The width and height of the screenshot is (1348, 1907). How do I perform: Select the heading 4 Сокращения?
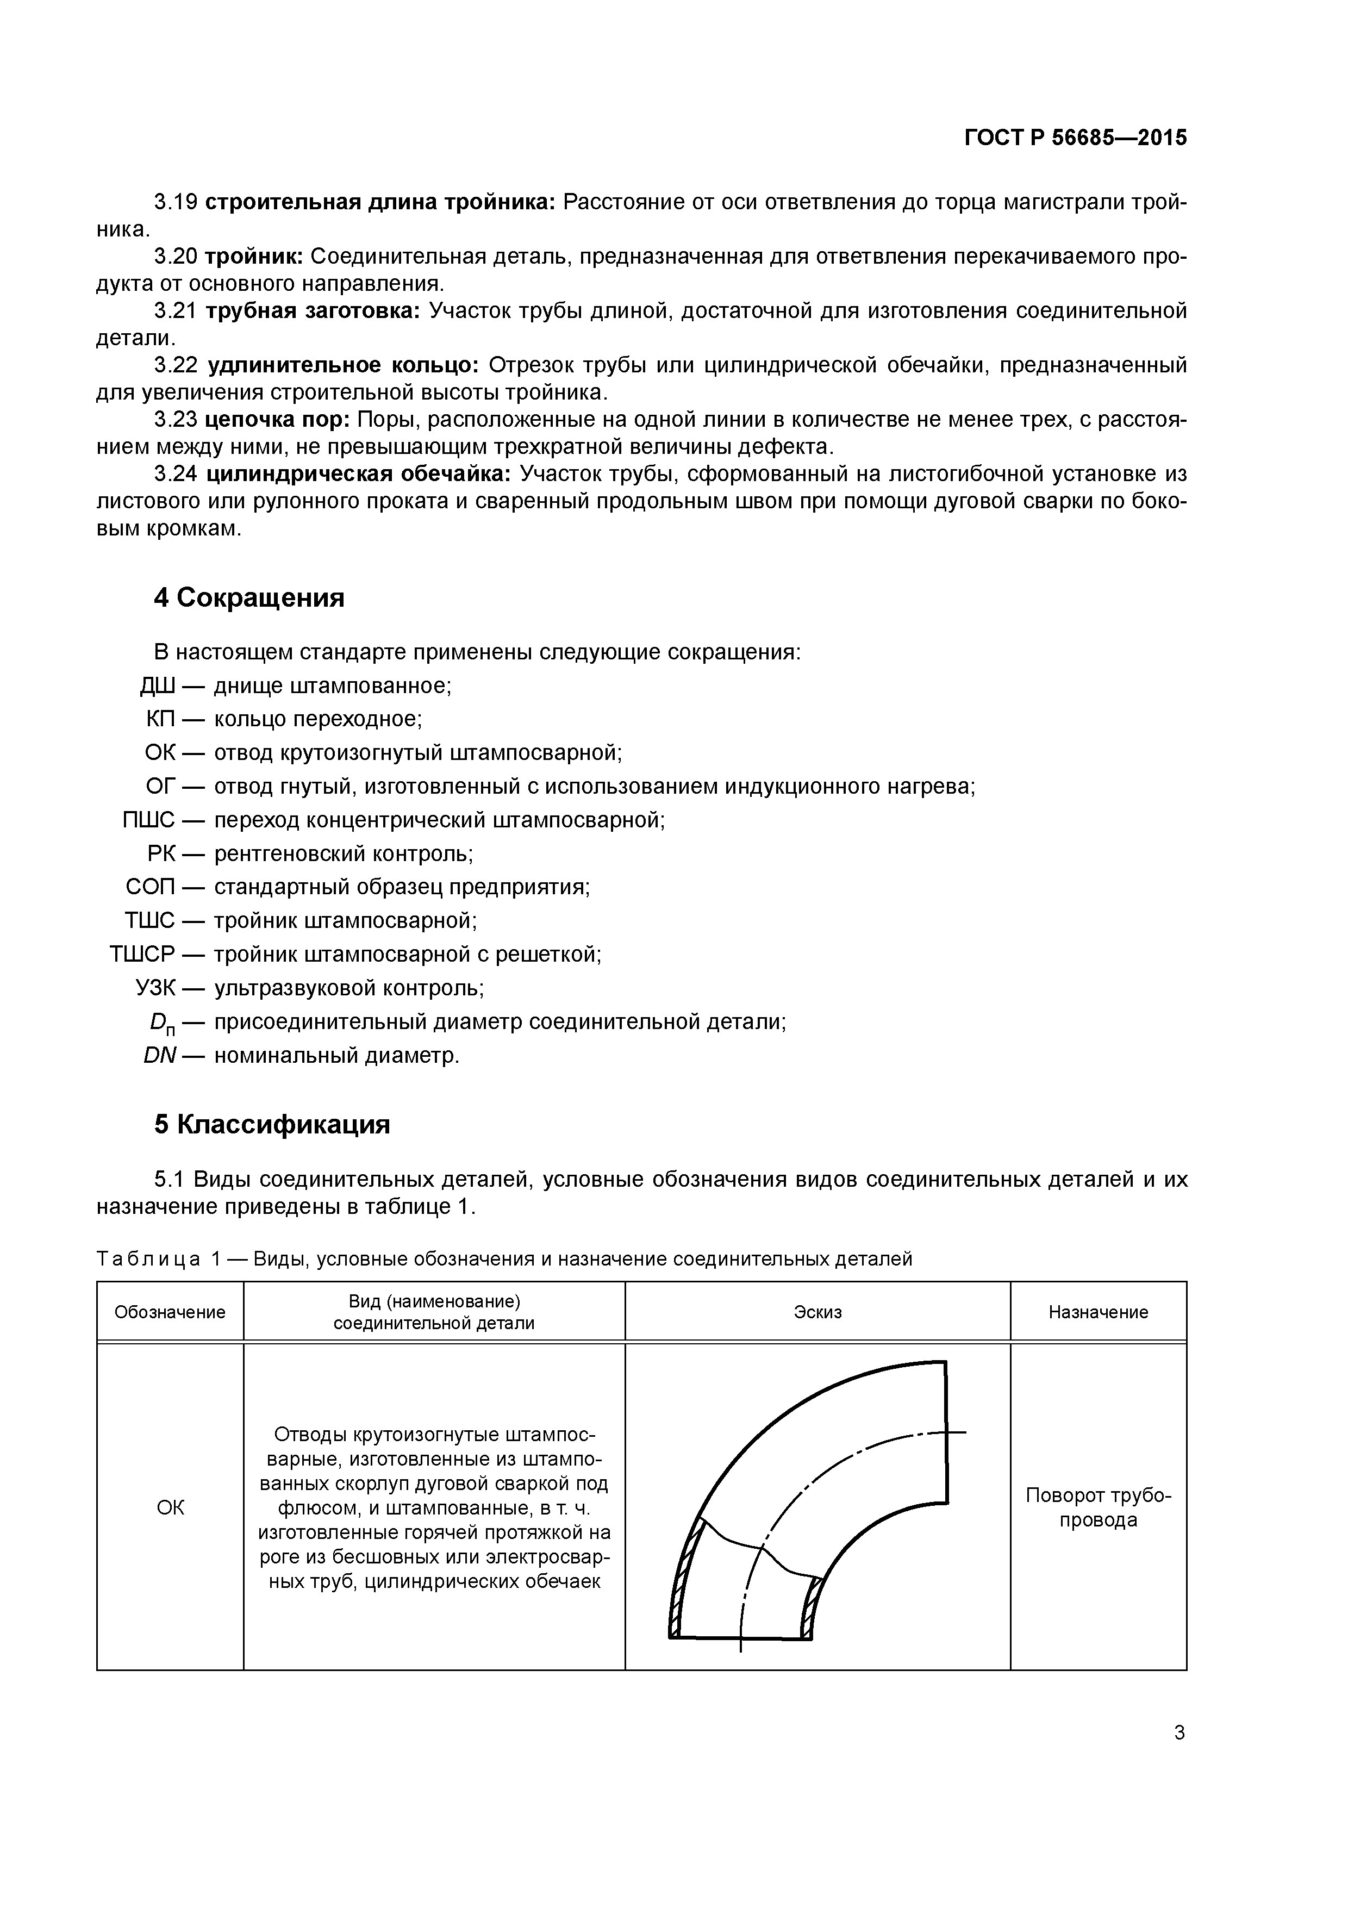(x=248, y=597)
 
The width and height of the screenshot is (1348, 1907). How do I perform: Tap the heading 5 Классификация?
(x=272, y=1125)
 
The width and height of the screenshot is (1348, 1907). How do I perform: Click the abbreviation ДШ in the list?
(x=157, y=686)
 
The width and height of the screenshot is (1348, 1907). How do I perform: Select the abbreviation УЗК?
(x=155, y=988)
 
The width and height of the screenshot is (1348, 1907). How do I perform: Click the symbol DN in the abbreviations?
(x=158, y=1056)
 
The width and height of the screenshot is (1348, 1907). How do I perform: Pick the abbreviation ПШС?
(x=149, y=821)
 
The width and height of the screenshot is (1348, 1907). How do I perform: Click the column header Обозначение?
(x=170, y=1312)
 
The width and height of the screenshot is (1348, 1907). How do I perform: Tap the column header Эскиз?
(x=817, y=1312)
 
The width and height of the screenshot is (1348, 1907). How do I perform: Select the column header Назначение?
(x=1097, y=1312)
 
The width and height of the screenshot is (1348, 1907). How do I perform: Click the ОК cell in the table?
(x=170, y=1507)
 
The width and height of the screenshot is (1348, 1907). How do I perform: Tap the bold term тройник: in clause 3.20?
(x=253, y=257)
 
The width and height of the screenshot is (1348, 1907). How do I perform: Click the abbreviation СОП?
(x=151, y=887)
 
